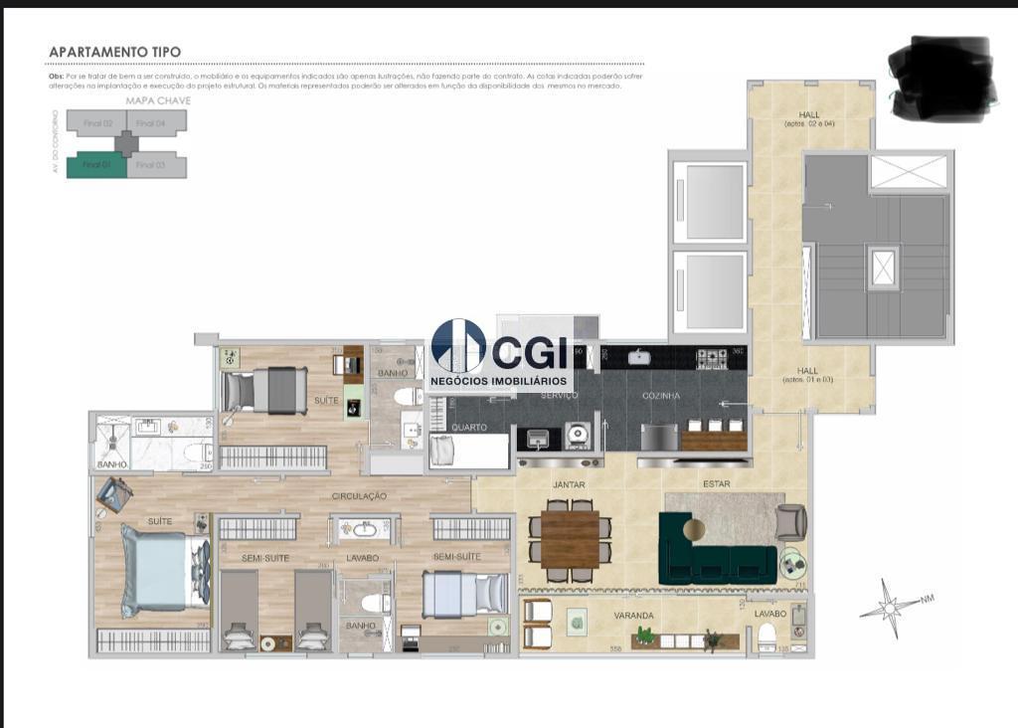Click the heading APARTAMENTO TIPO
coord(114,52)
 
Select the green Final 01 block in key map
coord(95,165)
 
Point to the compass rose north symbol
coord(891,606)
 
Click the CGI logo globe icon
coord(458,345)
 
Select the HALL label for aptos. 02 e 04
coord(809,118)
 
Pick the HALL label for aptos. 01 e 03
coord(807,374)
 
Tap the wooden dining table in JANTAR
coord(570,538)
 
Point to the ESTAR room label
coord(715,484)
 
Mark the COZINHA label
coord(661,396)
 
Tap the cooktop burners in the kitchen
coord(711,358)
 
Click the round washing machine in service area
coord(577,435)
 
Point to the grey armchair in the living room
coord(791,521)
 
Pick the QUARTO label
coord(469,429)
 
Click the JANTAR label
coord(569,484)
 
